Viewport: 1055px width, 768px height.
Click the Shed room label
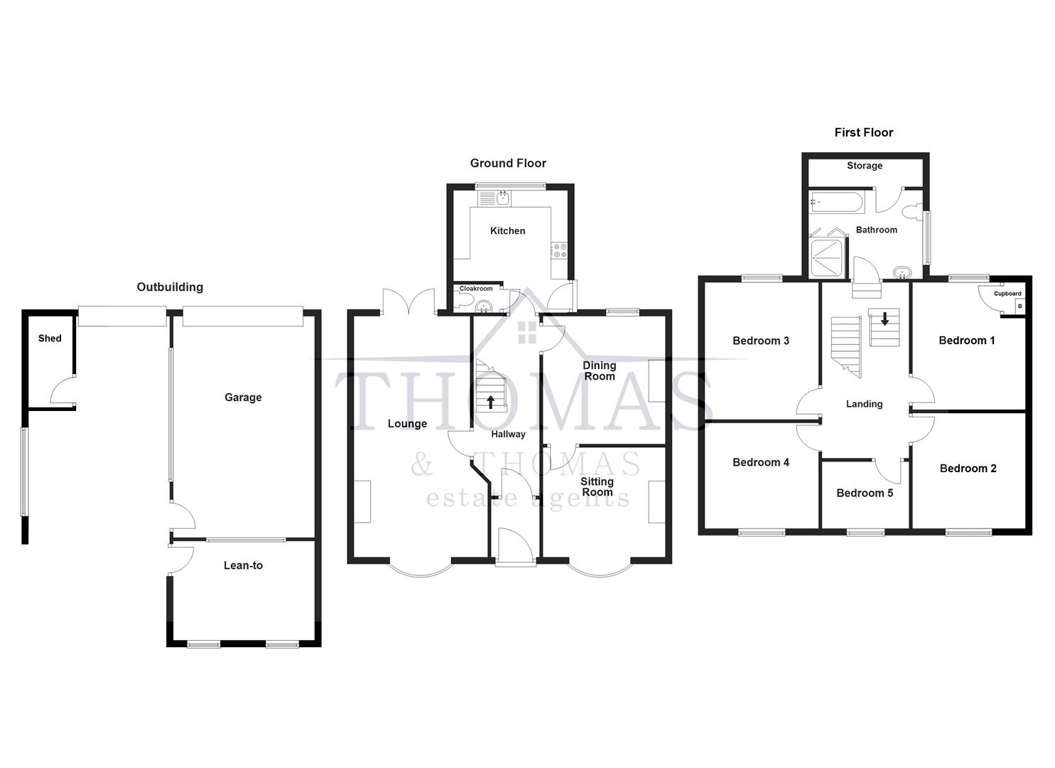pos(50,338)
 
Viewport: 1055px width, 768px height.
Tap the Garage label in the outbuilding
pos(243,398)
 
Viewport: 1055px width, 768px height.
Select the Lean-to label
pos(243,565)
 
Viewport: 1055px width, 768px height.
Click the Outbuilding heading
pos(170,287)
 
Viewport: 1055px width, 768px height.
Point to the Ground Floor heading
pos(508,164)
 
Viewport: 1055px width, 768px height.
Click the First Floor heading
pos(863,133)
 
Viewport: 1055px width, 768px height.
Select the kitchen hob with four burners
pos(559,250)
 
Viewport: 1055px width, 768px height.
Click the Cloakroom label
pos(476,289)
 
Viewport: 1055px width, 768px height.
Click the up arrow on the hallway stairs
pos(490,402)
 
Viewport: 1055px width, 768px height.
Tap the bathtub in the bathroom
pos(836,202)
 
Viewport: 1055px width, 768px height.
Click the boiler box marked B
pos(1020,306)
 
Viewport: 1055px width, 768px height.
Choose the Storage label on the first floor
pos(865,166)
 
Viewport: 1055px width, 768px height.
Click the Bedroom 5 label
pos(865,493)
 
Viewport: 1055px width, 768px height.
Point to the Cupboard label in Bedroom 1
pos(1007,294)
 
